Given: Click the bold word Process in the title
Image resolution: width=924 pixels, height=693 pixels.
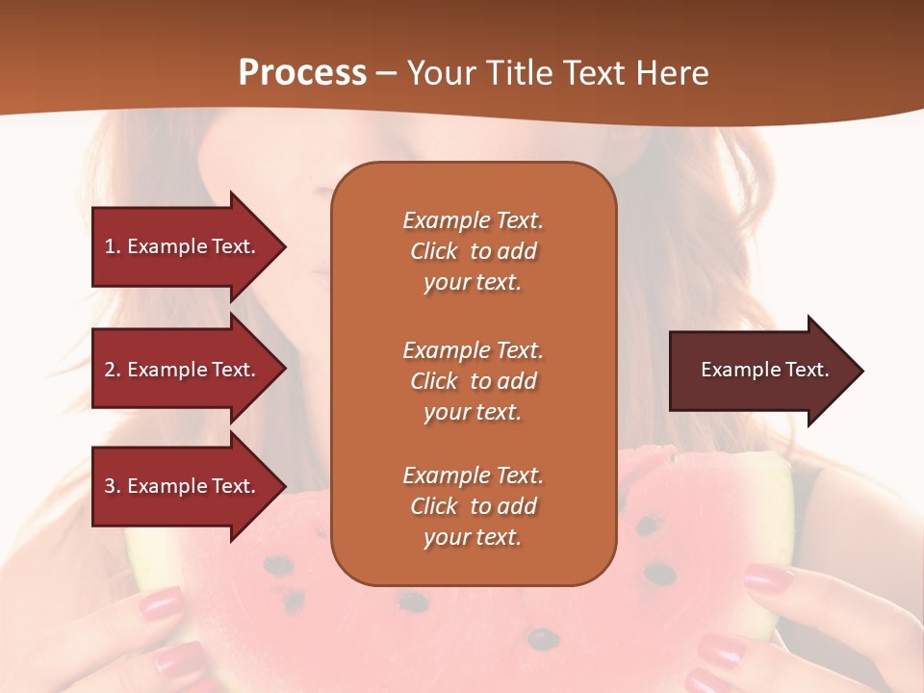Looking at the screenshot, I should (302, 73).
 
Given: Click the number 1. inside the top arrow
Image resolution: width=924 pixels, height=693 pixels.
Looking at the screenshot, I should (113, 247).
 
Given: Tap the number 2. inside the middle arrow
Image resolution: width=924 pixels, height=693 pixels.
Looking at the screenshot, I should (113, 370).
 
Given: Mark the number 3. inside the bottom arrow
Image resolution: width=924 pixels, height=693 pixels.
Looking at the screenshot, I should (113, 486).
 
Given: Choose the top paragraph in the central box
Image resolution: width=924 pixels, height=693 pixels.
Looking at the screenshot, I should (473, 251).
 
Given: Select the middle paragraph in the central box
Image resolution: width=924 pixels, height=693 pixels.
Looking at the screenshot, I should (473, 381).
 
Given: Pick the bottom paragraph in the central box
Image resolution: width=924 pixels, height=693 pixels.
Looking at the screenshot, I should (473, 506).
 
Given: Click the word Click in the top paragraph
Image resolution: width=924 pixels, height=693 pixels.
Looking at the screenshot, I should (434, 251).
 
